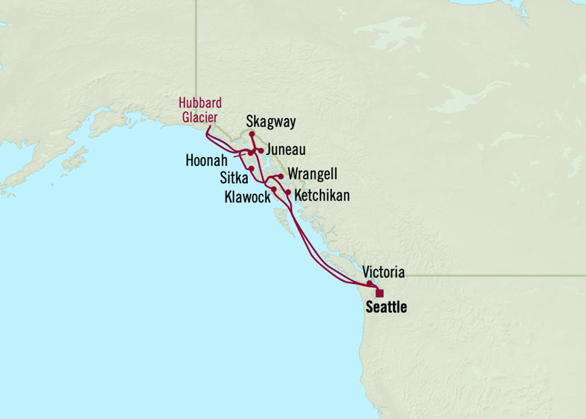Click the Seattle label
click(x=386, y=307)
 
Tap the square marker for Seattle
click(x=380, y=293)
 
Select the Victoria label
click(x=383, y=273)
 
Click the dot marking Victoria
click(x=369, y=283)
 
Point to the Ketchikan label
click(x=322, y=196)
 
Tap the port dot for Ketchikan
click(x=288, y=192)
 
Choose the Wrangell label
click(x=312, y=175)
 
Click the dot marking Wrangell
click(x=281, y=177)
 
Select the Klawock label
click(x=247, y=197)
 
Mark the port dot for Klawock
click(x=274, y=189)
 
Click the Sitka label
click(x=234, y=178)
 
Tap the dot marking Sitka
click(x=252, y=168)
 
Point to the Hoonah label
click(x=206, y=161)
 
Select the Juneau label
click(x=286, y=150)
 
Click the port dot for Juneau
click(x=261, y=151)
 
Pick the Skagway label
click(x=271, y=122)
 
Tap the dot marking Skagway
click(x=252, y=134)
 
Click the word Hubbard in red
click(x=200, y=103)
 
